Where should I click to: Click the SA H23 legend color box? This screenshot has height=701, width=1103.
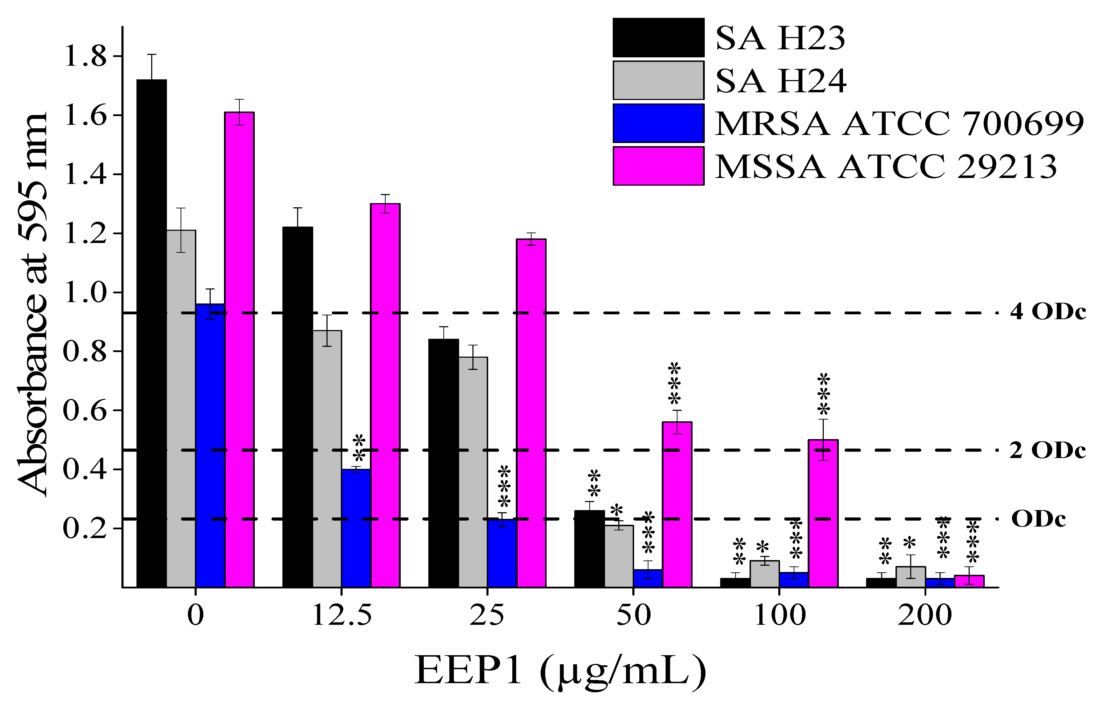[658, 37]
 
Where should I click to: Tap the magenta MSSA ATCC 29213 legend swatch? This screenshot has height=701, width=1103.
[658, 166]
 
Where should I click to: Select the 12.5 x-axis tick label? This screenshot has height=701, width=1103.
[342, 615]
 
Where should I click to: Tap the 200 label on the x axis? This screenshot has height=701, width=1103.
[925, 615]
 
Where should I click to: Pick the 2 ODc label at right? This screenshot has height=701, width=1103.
[1047, 450]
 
